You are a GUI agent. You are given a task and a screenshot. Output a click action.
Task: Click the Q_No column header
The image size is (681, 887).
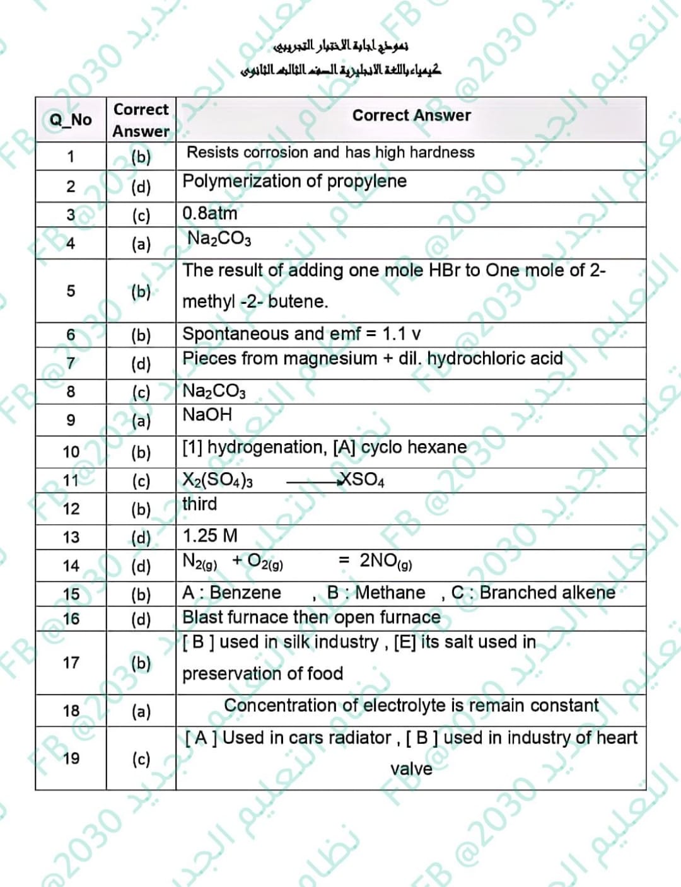(71, 120)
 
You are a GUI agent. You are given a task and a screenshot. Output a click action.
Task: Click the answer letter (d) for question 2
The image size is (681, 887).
(141, 187)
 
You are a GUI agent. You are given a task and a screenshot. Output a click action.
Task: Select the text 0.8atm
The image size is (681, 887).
(210, 214)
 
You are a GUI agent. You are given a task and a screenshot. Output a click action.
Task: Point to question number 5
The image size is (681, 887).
(71, 291)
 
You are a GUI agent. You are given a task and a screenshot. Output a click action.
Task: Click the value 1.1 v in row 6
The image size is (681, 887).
(402, 333)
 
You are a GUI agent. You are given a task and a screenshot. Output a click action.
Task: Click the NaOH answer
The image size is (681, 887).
(207, 415)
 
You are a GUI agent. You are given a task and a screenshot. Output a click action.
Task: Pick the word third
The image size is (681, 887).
(199, 504)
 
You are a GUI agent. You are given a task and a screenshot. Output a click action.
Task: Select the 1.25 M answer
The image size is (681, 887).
(210, 536)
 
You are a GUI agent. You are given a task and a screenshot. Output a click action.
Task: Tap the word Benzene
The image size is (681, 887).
(245, 593)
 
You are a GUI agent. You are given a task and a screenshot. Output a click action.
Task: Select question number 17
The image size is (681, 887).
(71, 663)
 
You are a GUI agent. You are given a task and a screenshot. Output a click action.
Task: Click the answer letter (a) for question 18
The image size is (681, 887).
(141, 711)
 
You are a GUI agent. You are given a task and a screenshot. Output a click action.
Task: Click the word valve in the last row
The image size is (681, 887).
(411, 769)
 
